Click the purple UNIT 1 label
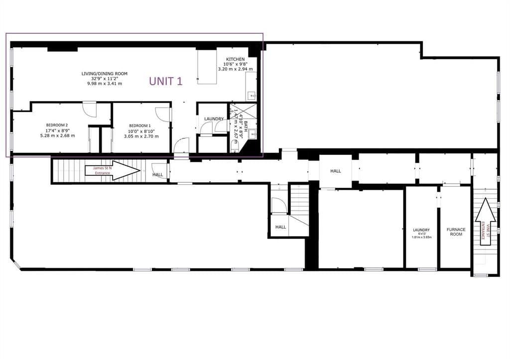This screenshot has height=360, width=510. (166, 82)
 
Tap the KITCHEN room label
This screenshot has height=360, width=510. (235, 59)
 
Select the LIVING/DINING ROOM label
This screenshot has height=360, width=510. (105, 74)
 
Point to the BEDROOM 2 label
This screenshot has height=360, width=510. (57, 125)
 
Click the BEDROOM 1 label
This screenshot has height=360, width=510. (141, 125)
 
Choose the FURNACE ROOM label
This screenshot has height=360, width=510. (456, 232)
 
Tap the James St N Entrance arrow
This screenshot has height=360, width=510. (113, 170)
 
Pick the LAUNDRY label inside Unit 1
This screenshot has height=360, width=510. (214, 119)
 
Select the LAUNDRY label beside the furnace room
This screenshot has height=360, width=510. (421, 230)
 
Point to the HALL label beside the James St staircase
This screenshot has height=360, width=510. (158, 175)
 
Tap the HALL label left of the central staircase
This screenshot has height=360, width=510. (281, 227)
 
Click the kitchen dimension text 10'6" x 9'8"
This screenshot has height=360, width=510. (235, 64)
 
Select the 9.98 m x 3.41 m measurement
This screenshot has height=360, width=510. (105, 84)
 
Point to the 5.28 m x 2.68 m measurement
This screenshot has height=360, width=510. (57, 135)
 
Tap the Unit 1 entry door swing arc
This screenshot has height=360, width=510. (181, 146)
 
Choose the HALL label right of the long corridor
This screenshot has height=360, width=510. (336, 171)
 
